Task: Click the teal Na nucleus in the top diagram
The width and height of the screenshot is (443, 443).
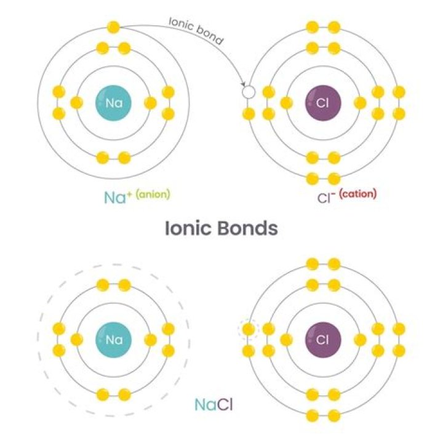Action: [x=114, y=103]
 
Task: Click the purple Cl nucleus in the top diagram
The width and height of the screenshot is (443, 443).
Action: [x=323, y=103]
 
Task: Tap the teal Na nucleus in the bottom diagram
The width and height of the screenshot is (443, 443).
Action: [x=114, y=340]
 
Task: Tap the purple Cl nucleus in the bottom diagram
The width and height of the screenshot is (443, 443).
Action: [x=323, y=340]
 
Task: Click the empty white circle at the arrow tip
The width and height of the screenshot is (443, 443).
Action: [x=249, y=92]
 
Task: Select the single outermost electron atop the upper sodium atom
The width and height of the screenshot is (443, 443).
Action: [x=114, y=28]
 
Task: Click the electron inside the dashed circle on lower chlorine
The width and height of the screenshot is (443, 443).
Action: [x=249, y=329]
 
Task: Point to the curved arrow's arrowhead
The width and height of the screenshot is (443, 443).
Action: [x=243, y=84]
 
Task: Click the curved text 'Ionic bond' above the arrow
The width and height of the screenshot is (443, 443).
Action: [x=196, y=31]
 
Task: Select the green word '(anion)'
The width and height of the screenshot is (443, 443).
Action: [x=153, y=194]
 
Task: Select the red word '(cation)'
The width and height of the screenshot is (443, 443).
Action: [x=357, y=194]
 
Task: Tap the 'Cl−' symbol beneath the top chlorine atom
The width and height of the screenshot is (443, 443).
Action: [x=327, y=198]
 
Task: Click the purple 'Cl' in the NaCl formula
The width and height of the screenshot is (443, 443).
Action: [x=225, y=405]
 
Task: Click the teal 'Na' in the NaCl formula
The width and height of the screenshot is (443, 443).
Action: [x=206, y=405]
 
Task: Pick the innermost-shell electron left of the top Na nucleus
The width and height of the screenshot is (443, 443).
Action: [x=76, y=103]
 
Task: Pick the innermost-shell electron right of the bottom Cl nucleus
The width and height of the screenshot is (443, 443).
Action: [x=360, y=340]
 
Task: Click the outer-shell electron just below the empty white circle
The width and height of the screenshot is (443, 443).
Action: [x=249, y=114]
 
